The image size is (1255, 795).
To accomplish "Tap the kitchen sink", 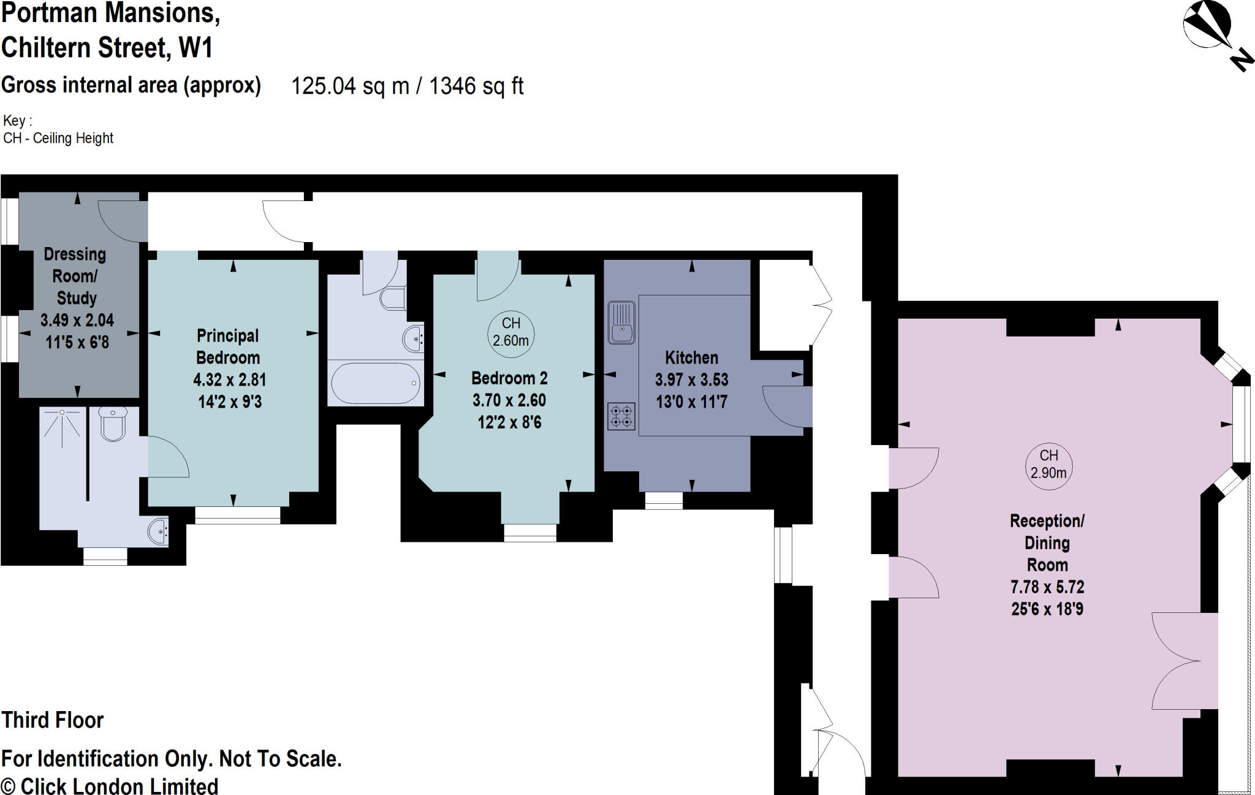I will tap(621, 322).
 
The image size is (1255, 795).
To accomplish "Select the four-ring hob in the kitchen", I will tap(621, 416).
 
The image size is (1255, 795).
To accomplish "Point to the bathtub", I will tap(376, 383).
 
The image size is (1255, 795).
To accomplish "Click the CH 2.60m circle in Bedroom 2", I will tap(510, 332).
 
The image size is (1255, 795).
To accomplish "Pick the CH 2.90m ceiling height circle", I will tap(1048, 465).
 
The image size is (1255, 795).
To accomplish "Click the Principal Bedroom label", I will tap(228, 346).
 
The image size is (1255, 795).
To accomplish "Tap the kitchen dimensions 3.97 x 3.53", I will tap(691, 380).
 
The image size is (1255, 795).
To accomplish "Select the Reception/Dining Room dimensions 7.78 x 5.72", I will tap(1047, 587).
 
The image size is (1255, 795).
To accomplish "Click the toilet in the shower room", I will tap(113, 424).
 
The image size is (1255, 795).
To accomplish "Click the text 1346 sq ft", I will tap(476, 86).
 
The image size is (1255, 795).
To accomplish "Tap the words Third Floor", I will tap(53, 720).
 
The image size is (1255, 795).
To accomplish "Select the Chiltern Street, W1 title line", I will tap(107, 48).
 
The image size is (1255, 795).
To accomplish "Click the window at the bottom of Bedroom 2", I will tap(530, 533).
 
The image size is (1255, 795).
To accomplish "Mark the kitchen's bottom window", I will tap(664, 500).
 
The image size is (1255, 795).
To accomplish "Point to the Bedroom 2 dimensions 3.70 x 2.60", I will tap(509, 400).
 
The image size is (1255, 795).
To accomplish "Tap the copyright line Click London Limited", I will tap(110, 786).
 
